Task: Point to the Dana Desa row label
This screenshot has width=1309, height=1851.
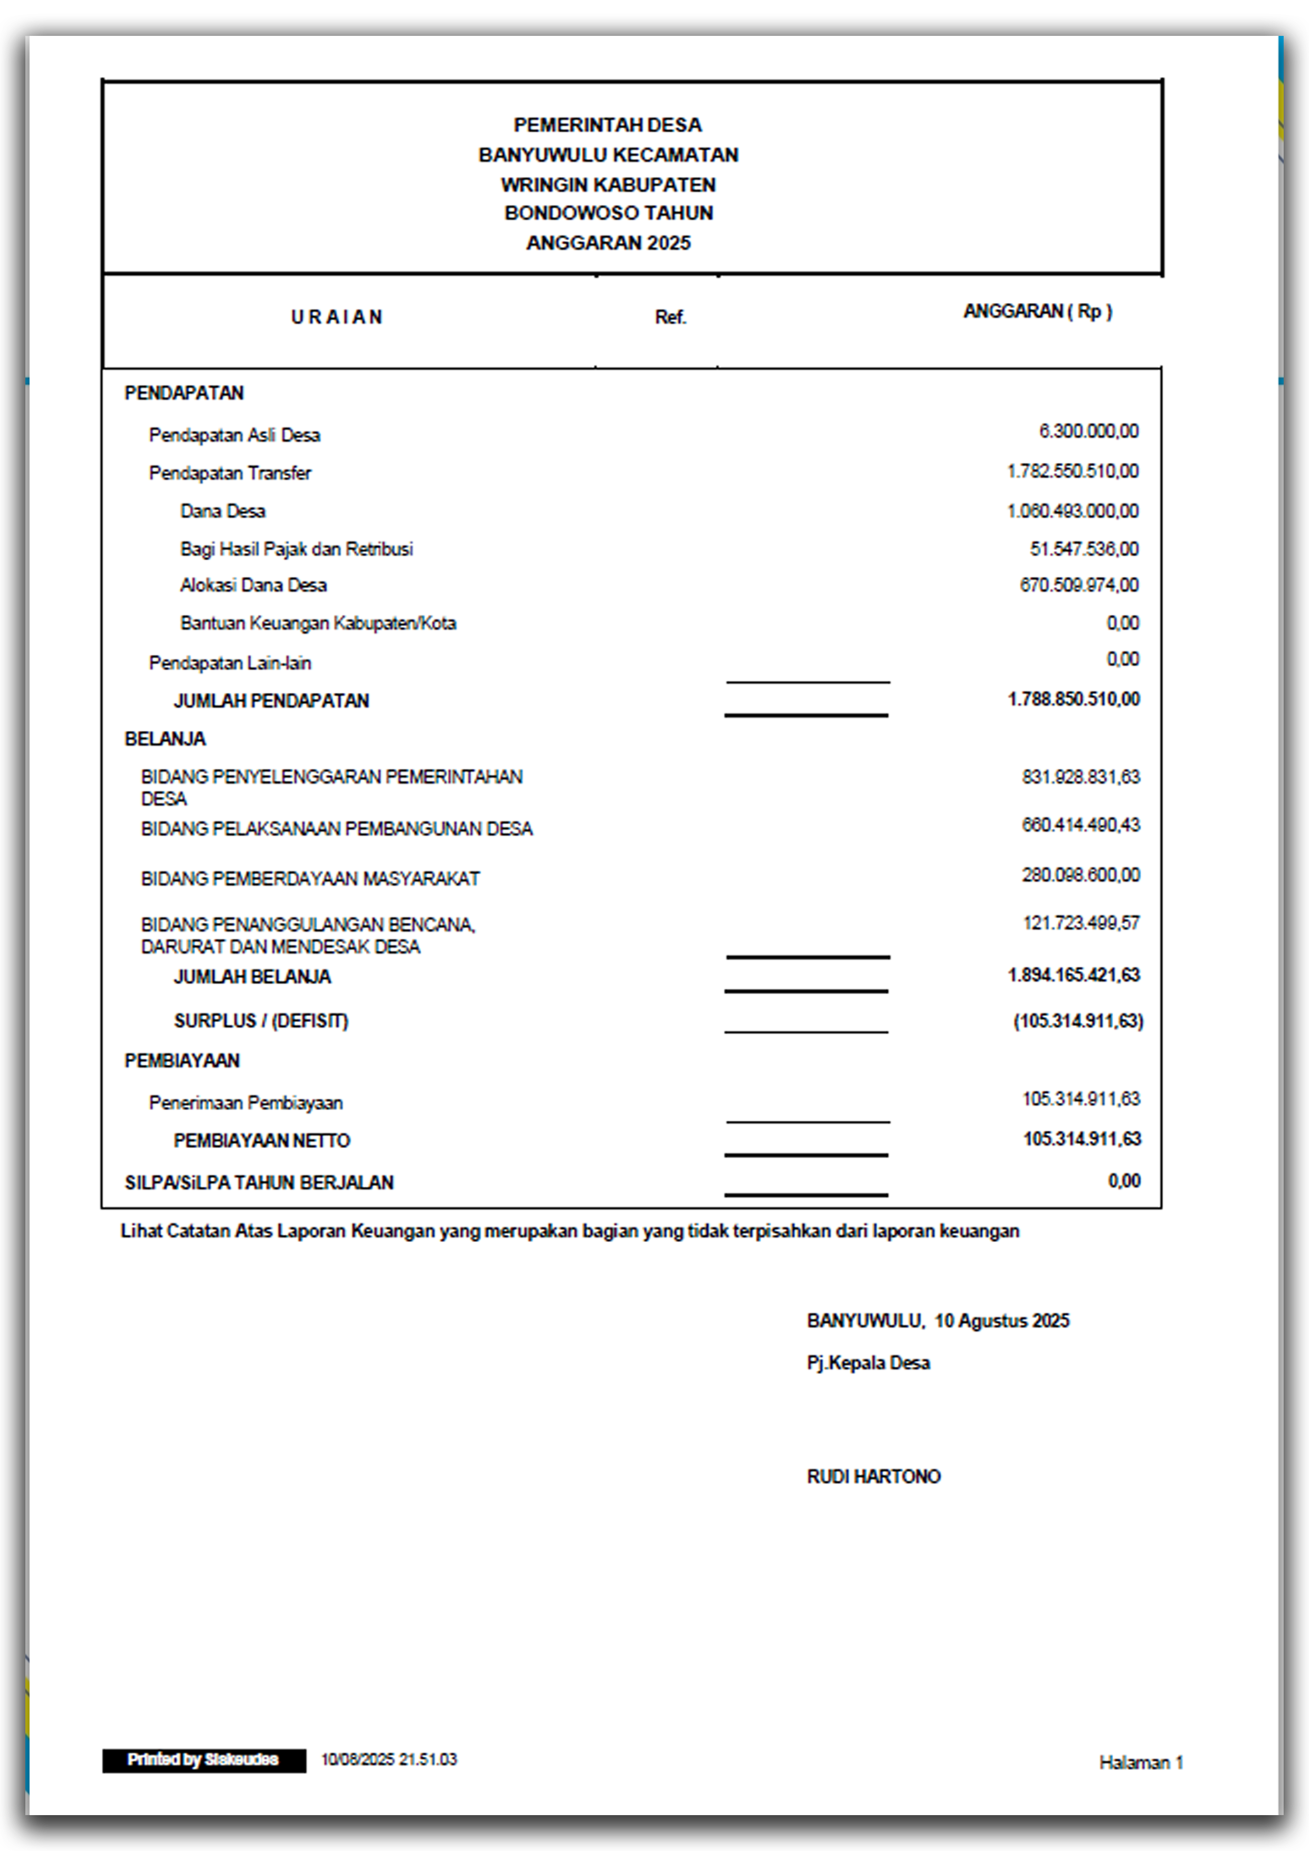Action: [223, 511]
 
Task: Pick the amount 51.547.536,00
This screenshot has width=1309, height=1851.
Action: [1084, 549]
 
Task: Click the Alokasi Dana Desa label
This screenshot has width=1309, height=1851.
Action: [253, 585]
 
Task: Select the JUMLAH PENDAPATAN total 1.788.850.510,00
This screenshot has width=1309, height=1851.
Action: [1074, 699]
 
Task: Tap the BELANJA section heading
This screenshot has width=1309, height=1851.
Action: [165, 739]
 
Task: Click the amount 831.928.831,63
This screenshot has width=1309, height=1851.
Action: [1081, 777]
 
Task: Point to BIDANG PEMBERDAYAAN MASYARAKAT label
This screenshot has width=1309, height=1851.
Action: [310, 879]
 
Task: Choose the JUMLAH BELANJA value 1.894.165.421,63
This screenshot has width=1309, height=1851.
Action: [1074, 976]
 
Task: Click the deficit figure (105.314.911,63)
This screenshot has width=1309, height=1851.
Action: [1078, 1022]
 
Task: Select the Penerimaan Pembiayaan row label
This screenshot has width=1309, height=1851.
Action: [246, 1103]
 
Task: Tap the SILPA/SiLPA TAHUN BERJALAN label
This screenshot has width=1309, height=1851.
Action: [259, 1182]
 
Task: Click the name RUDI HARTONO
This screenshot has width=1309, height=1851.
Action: [874, 1476]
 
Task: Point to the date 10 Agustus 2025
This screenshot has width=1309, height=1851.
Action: [1002, 1321]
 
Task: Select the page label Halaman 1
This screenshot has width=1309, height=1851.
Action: [1141, 1762]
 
